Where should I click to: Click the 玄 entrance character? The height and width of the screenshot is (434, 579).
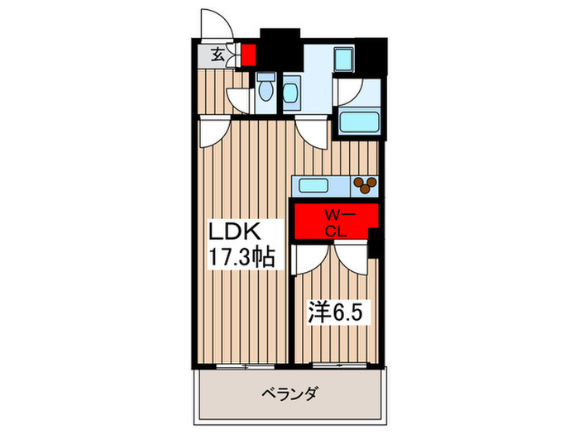[216, 56]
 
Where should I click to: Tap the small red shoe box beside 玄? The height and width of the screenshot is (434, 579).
[247, 56]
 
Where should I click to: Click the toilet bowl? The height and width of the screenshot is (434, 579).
[266, 89]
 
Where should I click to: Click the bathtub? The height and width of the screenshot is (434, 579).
[361, 122]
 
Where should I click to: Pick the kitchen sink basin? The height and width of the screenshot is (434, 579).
[315, 184]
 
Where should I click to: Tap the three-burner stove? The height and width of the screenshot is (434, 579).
[364, 184]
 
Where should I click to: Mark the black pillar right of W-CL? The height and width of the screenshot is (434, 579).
[374, 243]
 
